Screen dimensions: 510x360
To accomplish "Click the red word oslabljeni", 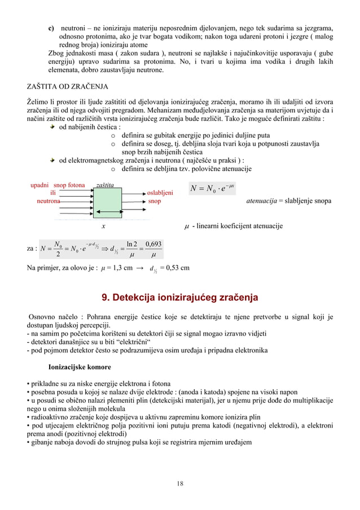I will pyautogui.click(x=160, y=193).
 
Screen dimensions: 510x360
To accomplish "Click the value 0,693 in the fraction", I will pyautogui.click(x=152, y=244).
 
